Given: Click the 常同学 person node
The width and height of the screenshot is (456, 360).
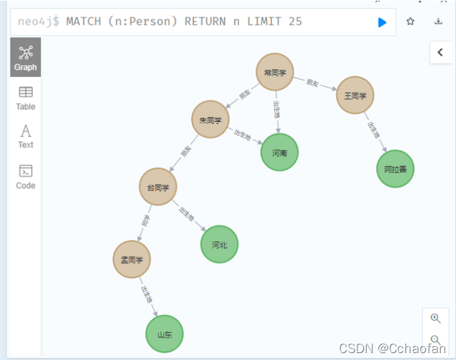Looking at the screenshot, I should (x=274, y=72).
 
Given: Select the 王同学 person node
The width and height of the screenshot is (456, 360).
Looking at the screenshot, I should (x=355, y=95).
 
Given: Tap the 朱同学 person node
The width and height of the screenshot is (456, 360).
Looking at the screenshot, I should (x=210, y=120).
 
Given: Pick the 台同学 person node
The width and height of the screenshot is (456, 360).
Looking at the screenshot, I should (x=158, y=186).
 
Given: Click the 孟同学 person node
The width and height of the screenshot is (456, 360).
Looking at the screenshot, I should (x=132, y=260).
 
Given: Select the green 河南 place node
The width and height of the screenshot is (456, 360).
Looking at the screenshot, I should (x=279, y=152).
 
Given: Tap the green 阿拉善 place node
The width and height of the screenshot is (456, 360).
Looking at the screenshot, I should (x=395, y=168).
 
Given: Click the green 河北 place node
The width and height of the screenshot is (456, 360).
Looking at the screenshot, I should (x=220, y=244).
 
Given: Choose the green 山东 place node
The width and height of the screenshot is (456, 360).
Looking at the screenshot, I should (x=164, y=334).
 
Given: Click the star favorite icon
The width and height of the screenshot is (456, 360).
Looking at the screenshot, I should (x=410, y=21).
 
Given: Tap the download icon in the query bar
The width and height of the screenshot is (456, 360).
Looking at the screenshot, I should (x=438, y=21).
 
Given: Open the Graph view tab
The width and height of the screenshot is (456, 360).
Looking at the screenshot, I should (x=26, y=57).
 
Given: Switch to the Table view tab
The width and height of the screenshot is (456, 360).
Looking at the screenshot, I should (x=26, y=98).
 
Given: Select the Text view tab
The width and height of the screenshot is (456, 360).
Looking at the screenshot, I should (x=26, y=136).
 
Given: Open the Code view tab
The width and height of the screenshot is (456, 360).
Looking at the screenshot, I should (x=26, y=177).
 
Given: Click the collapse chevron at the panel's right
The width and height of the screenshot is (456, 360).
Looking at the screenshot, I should (x=441, y=52).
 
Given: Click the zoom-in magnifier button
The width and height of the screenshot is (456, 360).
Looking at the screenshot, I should (x=435, y=318).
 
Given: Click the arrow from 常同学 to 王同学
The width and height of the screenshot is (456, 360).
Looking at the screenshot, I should (x=314, y=83).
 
